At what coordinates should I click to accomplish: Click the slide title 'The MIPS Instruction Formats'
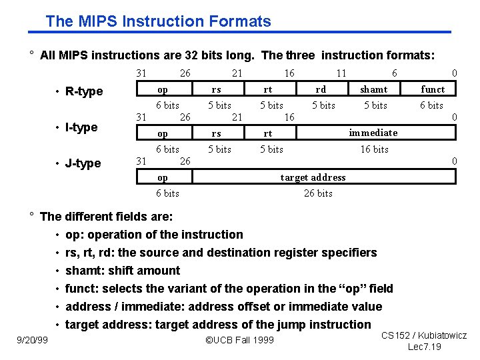158,21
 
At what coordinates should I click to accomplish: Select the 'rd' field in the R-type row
321,89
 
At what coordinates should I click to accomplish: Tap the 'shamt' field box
374,89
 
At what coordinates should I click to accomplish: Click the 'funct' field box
433,89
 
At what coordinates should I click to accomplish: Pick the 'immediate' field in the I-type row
373,133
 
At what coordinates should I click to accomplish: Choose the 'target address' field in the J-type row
313,177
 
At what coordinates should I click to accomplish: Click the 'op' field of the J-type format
163,177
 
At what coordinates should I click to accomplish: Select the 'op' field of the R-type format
163,89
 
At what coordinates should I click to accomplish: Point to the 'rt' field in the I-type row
268,133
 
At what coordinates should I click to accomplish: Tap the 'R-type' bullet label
84,91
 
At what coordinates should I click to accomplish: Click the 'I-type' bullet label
81,127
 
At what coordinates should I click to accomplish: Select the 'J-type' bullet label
83,163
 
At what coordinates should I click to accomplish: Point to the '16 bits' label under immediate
374,149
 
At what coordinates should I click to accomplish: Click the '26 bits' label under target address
318,193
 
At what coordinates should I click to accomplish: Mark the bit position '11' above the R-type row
341,73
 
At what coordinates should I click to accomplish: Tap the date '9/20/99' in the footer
31,341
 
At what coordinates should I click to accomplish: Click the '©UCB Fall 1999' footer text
240,341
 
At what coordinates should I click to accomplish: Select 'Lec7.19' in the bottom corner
424,347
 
